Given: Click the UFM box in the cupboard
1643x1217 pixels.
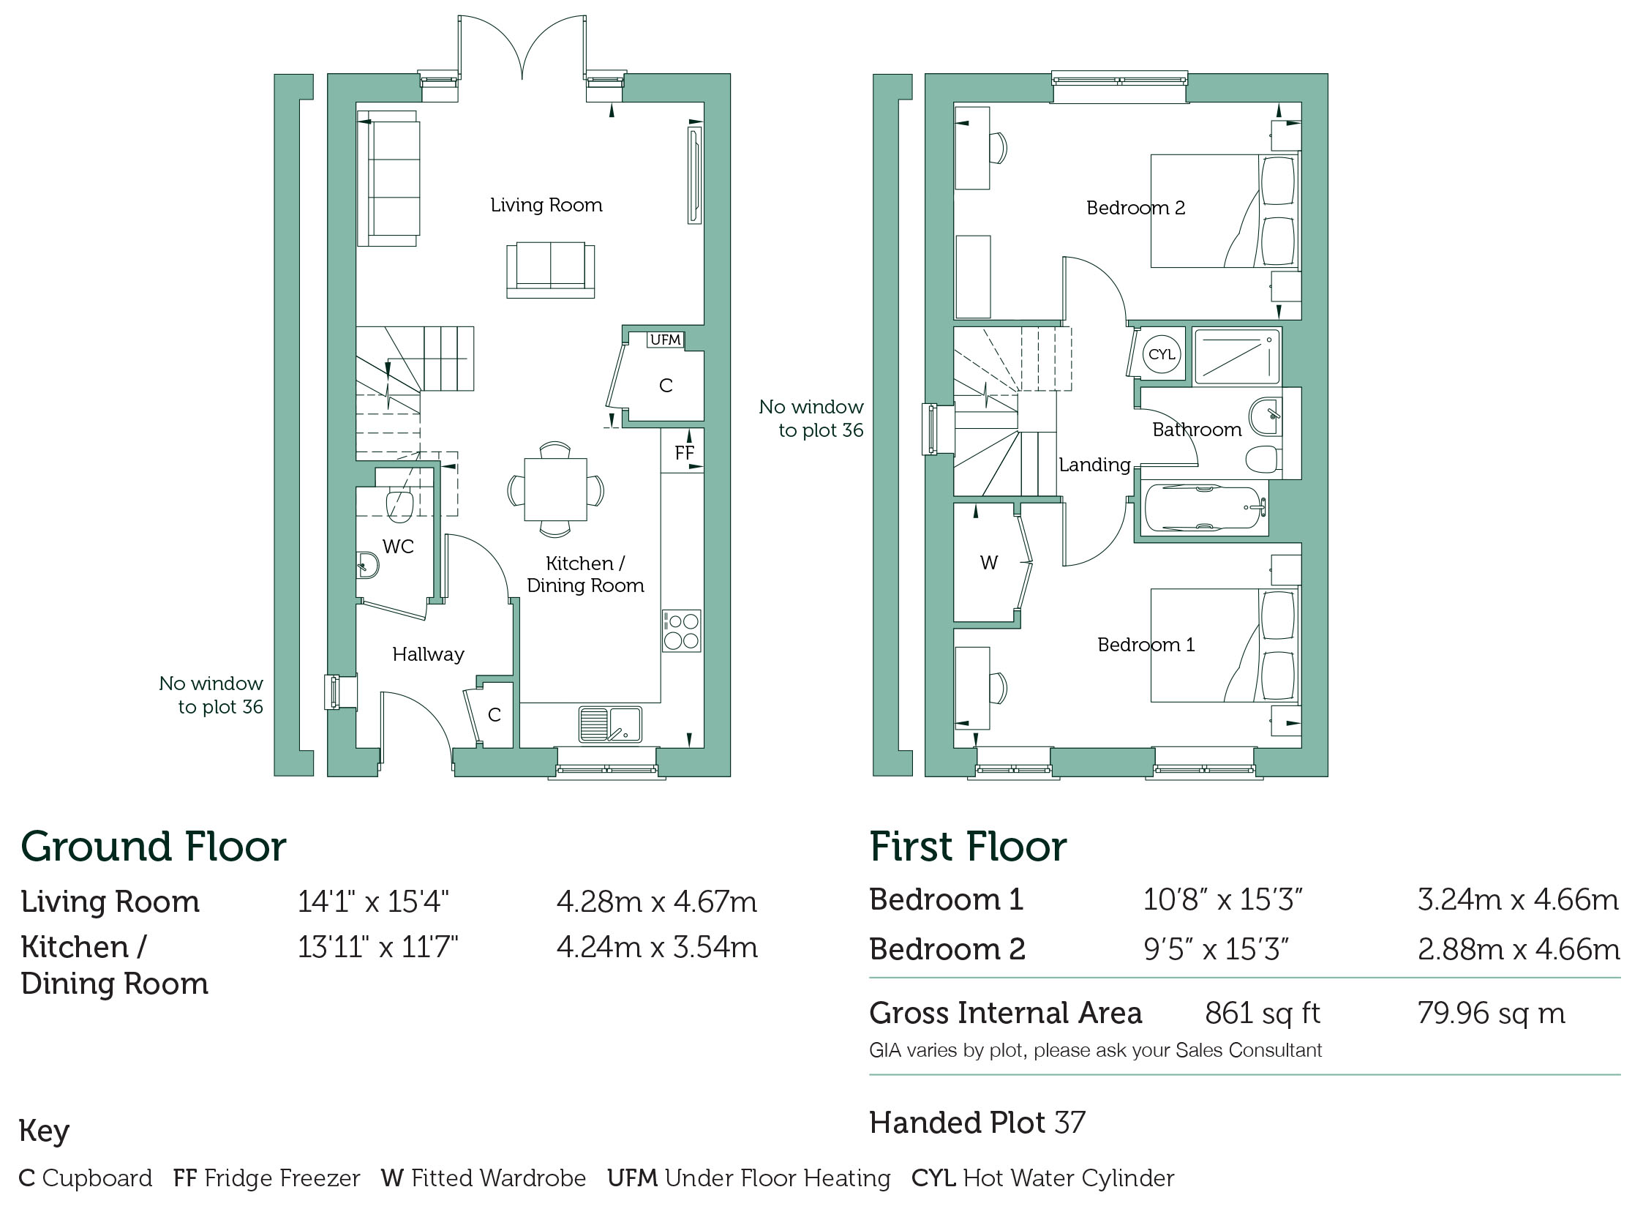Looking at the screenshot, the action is point(666,340).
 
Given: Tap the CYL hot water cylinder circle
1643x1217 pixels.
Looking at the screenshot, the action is point(1162,354).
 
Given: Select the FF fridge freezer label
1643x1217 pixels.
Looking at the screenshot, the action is point(684,453).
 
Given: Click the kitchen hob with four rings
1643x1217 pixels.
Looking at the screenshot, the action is point(681,632).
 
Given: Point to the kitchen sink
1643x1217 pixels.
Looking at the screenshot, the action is point(610,724).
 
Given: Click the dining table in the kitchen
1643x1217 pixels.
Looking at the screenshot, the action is point(555,489).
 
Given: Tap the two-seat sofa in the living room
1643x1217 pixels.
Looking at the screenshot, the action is point(550,270).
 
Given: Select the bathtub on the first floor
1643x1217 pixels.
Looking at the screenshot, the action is point(1204,509).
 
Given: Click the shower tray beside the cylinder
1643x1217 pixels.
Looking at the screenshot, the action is point(1236,356).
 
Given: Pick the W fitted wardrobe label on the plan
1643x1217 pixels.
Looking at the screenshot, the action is point(988,563).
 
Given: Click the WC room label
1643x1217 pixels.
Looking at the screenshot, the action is point(398,547).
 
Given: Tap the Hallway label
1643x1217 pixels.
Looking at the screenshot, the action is point(428,654).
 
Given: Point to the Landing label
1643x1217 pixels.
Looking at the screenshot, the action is point(1094,465).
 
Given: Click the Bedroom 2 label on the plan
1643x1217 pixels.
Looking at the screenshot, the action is point(1135,208).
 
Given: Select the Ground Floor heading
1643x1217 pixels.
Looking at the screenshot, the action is point(153,847).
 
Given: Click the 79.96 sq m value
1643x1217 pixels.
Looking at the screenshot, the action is point(1491,1014).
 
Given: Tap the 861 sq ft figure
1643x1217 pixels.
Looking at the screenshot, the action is point(1263,1014).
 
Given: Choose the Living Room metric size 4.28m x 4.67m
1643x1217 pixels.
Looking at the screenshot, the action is point(656,902).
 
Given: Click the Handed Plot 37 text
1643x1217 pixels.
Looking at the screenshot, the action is point(977,1123).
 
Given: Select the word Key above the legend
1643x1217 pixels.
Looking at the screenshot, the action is point(44,1131).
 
